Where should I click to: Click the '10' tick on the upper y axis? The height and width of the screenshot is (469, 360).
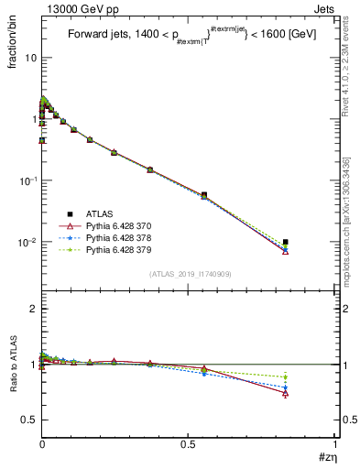[30, 57]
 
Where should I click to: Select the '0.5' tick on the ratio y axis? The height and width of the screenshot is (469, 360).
[29, 420]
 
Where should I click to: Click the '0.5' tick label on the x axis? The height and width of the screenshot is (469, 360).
[188, 443]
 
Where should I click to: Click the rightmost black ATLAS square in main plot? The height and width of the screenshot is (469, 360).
[286, 242]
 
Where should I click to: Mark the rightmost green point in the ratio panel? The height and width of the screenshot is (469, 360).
[286, 376]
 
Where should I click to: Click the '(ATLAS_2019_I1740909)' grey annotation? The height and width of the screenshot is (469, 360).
[190, 274]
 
